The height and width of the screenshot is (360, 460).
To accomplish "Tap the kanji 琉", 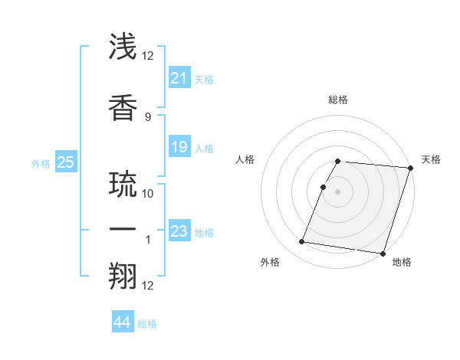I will pos(124,184).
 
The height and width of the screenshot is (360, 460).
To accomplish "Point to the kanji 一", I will pos(124,231).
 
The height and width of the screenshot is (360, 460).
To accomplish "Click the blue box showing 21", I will pos(179,78).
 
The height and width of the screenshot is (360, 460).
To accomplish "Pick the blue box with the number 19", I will pos(179,147).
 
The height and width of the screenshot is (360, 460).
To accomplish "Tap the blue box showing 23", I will pos(179,232).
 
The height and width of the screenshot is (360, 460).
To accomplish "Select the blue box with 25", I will pos(65,162).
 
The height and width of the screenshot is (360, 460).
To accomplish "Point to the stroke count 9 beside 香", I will pos(147,116).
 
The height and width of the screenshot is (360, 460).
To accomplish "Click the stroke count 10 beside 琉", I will pos(148,193).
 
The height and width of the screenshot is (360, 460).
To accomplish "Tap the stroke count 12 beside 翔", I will pos(148,286).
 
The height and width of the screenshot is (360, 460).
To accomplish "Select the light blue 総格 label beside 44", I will pos(147,324).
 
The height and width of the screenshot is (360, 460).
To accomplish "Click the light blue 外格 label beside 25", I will pos(41,164).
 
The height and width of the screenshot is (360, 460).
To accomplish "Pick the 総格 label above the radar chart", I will pos(338,100).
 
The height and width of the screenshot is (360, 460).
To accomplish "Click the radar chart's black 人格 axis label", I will pos(245,159).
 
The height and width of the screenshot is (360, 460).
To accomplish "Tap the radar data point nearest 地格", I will pos(383,253).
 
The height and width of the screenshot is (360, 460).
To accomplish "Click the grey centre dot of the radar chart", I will pos(338,191).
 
